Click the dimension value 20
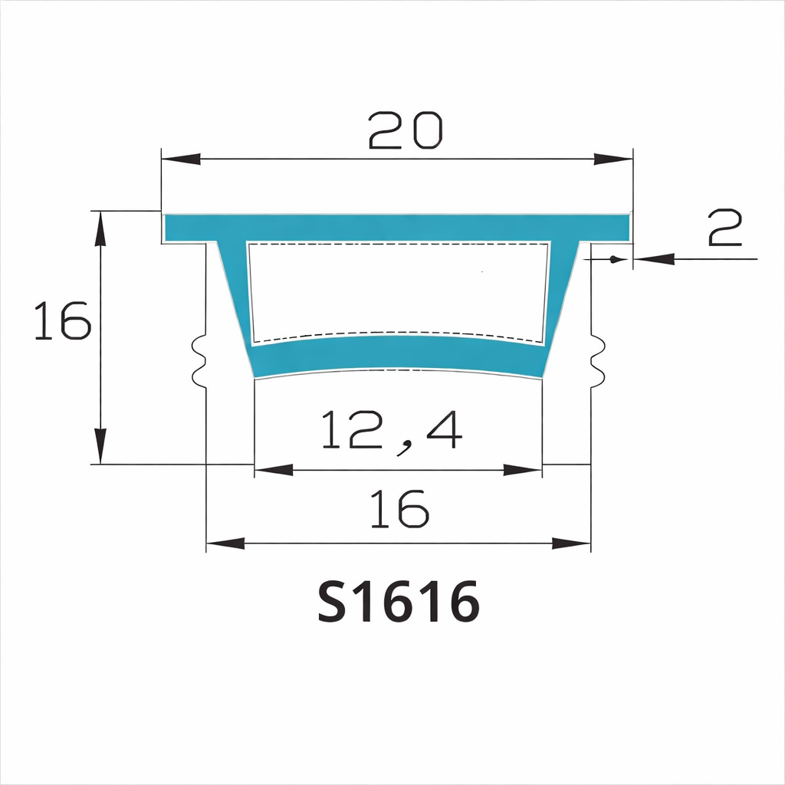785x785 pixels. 406,130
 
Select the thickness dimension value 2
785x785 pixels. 724,228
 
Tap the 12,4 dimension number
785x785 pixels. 392,431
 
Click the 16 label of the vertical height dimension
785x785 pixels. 63,321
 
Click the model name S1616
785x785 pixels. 399,602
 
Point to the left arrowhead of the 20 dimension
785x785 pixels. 181,159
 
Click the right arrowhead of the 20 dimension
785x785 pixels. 613,159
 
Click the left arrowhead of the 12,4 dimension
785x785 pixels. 274,469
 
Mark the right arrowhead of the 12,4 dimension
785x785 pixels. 523,469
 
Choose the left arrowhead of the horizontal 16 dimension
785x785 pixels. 225,544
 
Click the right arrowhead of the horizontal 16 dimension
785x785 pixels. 572,544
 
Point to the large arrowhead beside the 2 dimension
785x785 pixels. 655,259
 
